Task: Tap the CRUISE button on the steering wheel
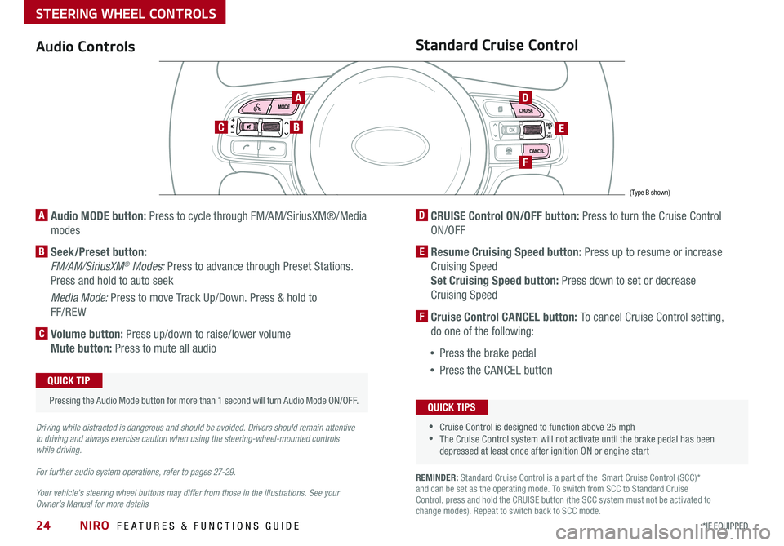pos(525,110)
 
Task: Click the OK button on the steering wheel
pos(510,130)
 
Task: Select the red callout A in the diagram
pos(299,97)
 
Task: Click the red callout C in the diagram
pos(220,127)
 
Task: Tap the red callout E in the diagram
pos(563,128)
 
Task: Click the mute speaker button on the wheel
pos(246,127)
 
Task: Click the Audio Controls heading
pos(85,47)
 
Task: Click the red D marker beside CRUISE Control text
pos(421,215)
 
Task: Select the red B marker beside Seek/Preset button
pos(41,252)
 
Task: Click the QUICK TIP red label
pos(69,380)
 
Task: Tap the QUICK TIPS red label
pos(451,407)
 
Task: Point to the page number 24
pos(45,526)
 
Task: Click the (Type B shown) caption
pos(649,193)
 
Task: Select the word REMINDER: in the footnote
pos(437,477)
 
